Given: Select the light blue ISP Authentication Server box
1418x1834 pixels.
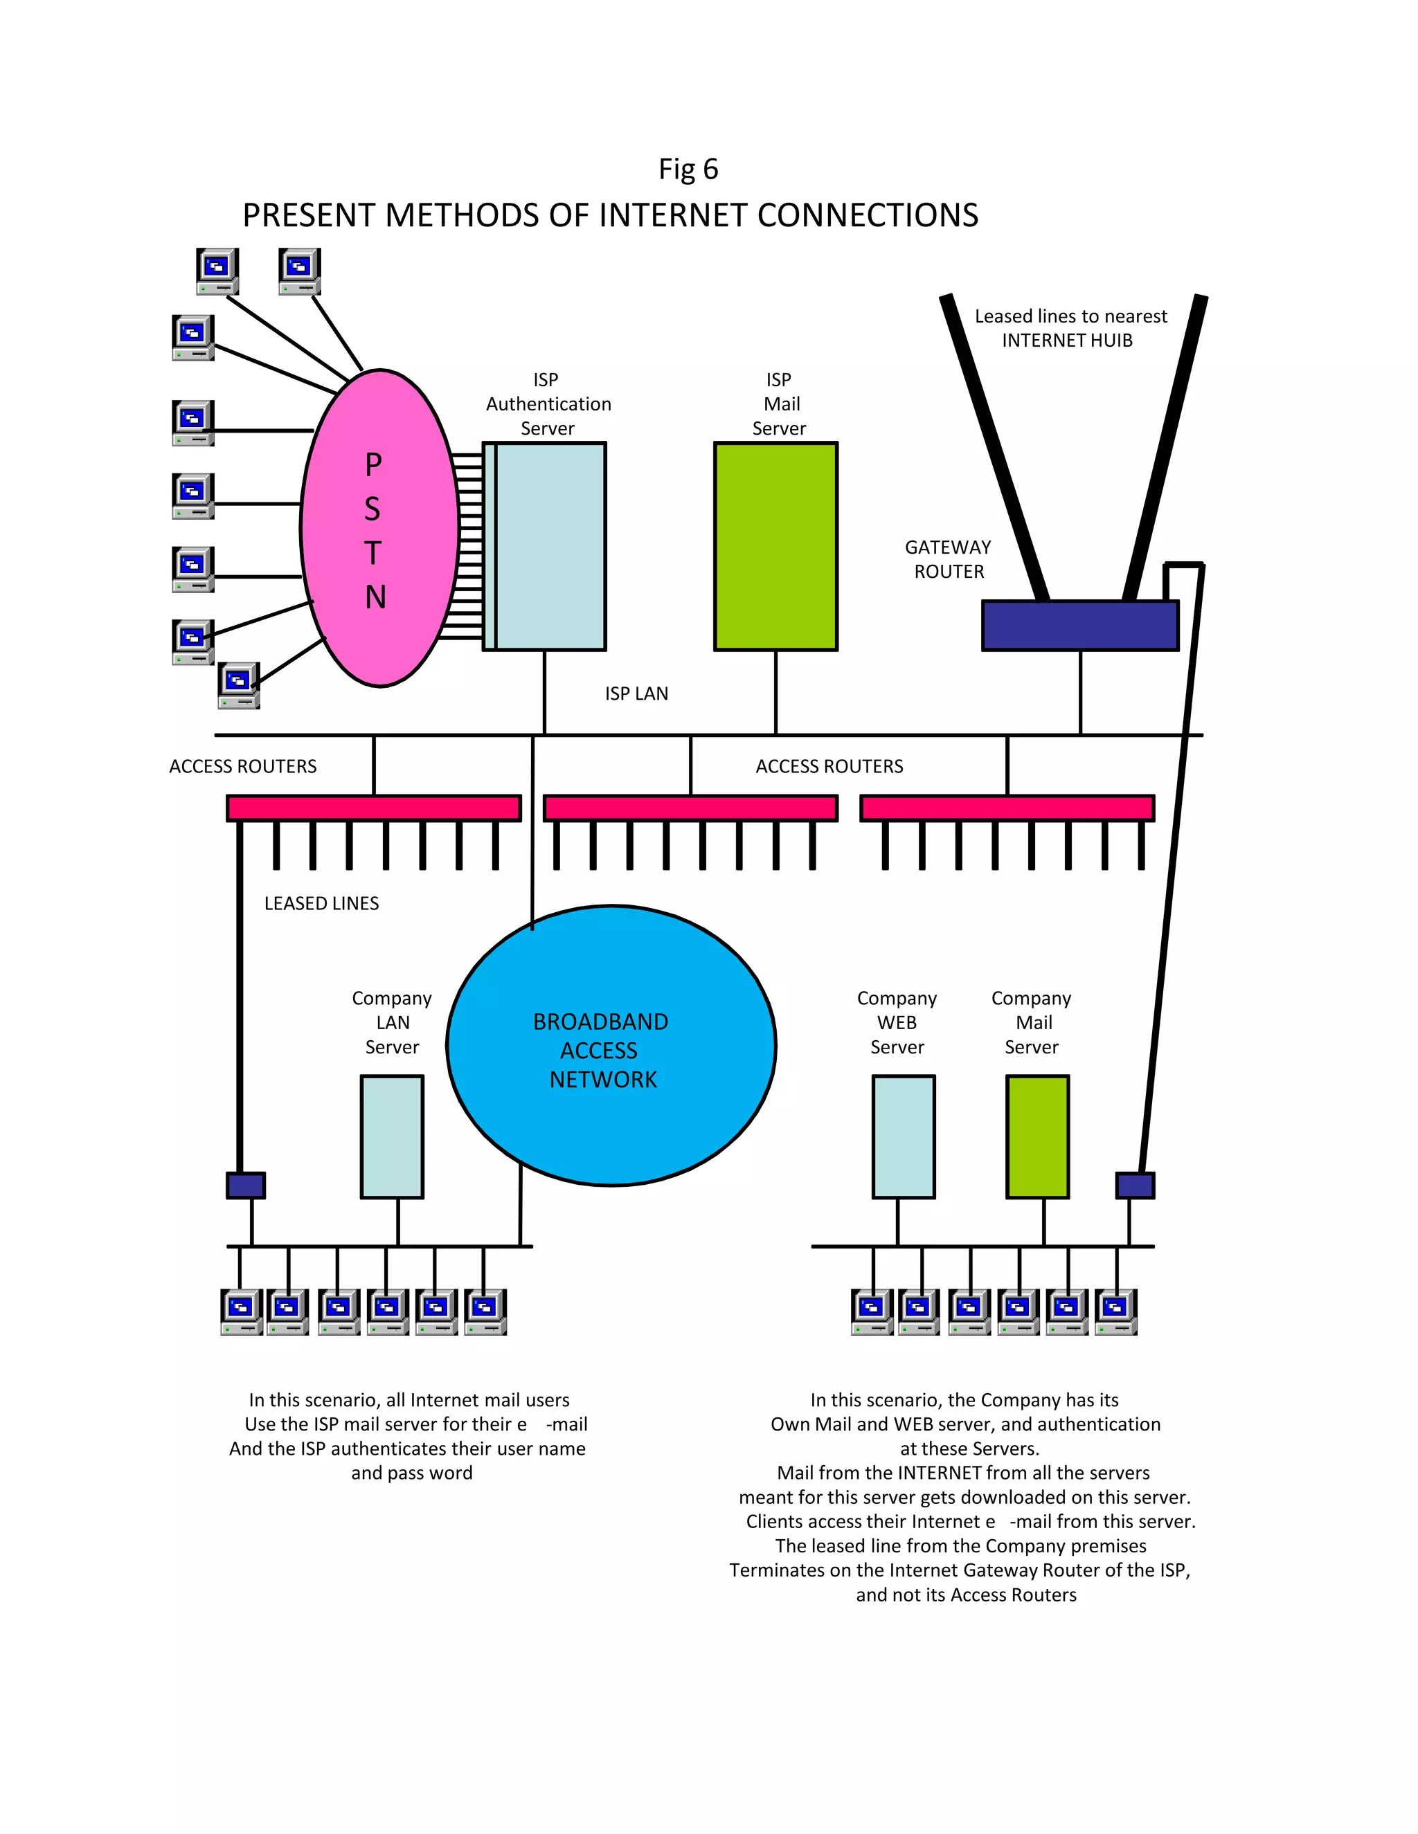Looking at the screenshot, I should [x=550, y=546].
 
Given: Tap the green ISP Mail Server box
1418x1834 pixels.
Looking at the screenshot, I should [x=775, y=546].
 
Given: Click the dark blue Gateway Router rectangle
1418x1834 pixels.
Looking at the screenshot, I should [x=1079, y=626].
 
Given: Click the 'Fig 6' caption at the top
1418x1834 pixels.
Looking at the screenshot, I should [x=688, y=170].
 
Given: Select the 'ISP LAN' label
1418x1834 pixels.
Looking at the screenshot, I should [x=636, y=693].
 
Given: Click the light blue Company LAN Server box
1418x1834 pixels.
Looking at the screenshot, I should [x=391, y=1136].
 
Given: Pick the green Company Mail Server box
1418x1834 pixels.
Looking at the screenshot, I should [x=1036, y=1136].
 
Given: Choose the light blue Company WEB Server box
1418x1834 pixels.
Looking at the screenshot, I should [x=903, y=1136].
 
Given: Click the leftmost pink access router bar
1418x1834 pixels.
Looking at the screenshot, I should [x=374, y=808].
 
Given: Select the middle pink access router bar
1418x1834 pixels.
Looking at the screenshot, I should [x=690, y=808].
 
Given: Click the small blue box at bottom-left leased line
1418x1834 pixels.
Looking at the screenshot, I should [x=245, y=1185].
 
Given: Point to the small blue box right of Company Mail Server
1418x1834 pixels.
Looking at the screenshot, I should [x=1134, y=1185].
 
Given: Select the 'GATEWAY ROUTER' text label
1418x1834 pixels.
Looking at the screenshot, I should [x=948, y=559].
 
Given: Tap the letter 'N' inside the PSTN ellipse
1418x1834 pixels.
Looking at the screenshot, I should [x=375, y=597].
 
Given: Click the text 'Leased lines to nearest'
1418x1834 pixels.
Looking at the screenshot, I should [x=1070, y=316].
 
